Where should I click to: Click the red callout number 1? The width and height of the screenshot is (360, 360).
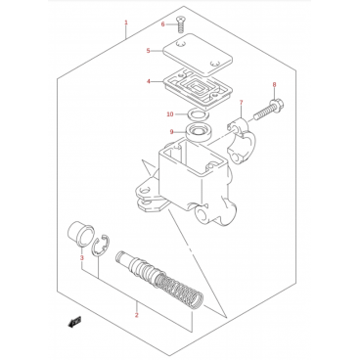(126, 22)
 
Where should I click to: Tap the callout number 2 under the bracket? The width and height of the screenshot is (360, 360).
(137, 315)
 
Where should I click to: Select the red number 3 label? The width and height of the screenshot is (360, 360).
(82, 258)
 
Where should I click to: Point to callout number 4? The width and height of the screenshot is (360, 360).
(149, 81)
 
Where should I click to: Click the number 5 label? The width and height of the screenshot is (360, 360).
(148, 51)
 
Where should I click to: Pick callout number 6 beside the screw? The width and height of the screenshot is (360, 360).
(163, 24)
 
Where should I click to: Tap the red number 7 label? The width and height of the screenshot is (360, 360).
(241, 103)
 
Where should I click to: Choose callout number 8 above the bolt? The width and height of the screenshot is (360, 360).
(274, 85)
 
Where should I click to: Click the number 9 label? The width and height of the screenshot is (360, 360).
(171, 132)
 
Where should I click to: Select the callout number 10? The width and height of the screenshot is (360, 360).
(170, 114)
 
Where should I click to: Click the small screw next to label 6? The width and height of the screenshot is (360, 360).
(180, 24)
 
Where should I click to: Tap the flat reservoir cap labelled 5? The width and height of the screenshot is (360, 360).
(198, 54)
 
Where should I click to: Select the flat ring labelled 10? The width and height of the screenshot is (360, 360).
(198, 114)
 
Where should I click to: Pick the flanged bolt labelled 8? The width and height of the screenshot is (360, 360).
(269, 110)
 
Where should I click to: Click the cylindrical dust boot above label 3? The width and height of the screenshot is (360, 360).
(80, 233)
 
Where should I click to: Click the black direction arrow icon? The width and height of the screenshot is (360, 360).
(74, 322)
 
